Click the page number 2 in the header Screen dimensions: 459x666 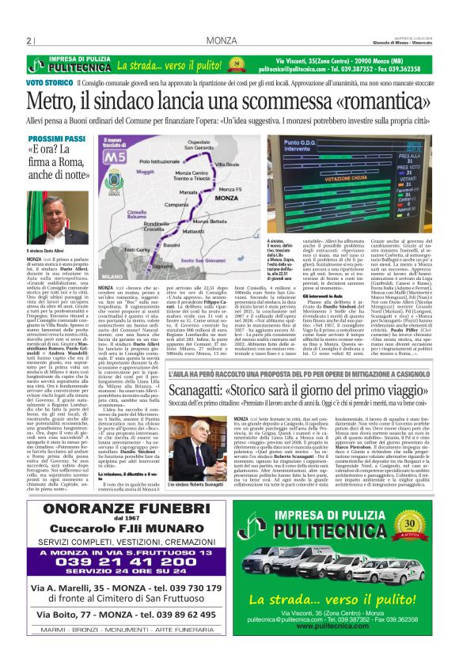tap(28, 41)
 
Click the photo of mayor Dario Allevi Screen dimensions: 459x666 tap(59, 214)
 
